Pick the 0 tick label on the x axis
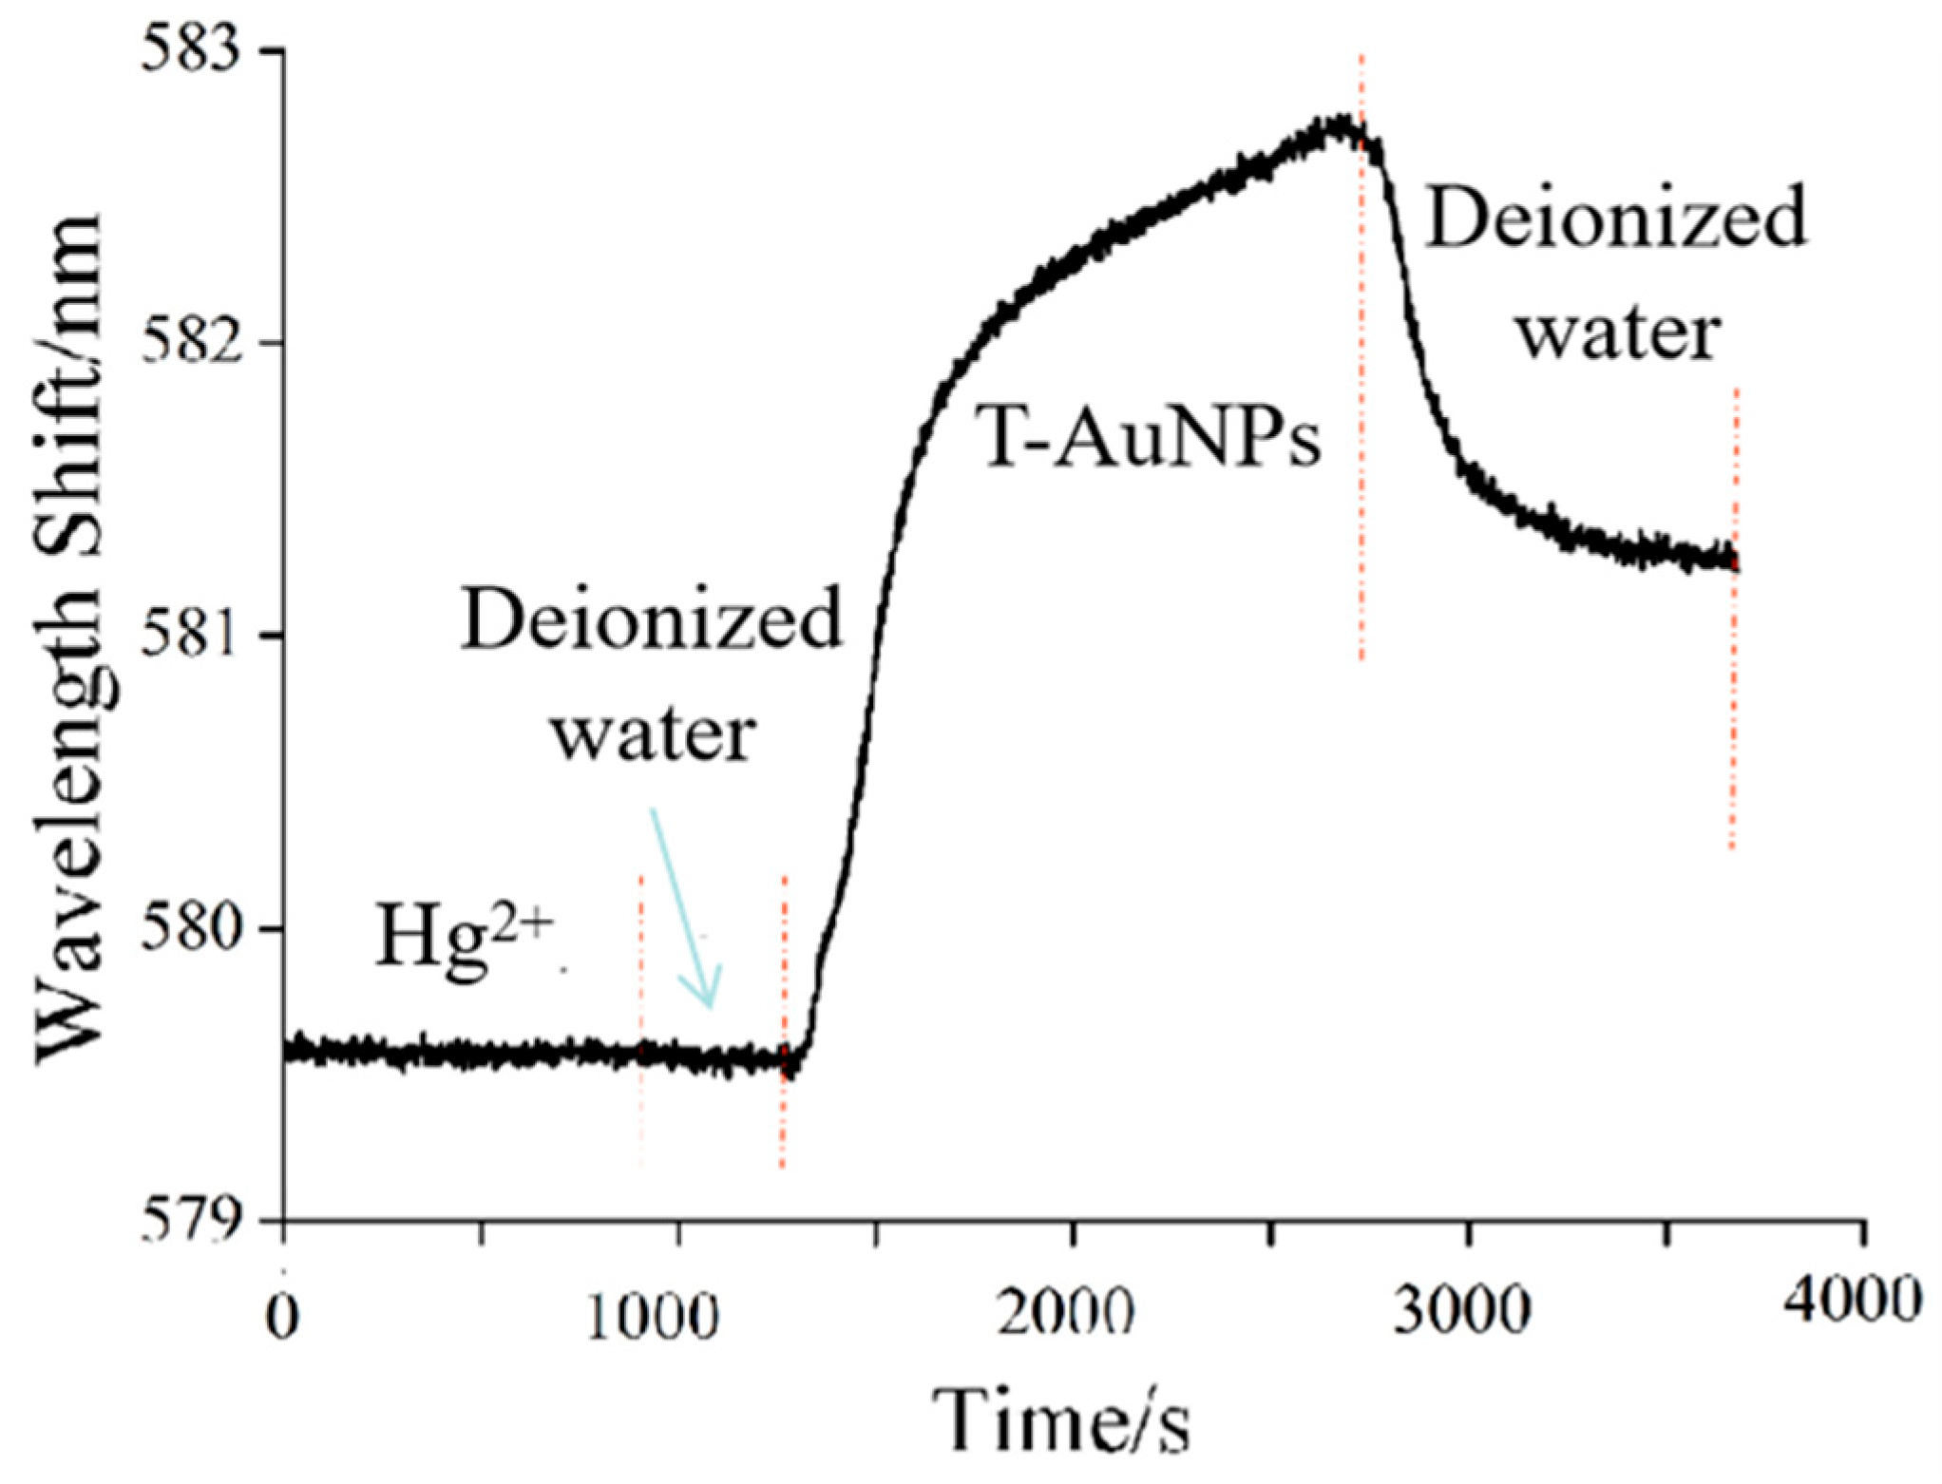(x=282, y=1316)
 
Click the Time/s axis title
(x=1059, y=1420)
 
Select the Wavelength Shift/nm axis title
(x=71, y=637)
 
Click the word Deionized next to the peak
(x=1615, y=217)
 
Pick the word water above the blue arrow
(x=655, y=733)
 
